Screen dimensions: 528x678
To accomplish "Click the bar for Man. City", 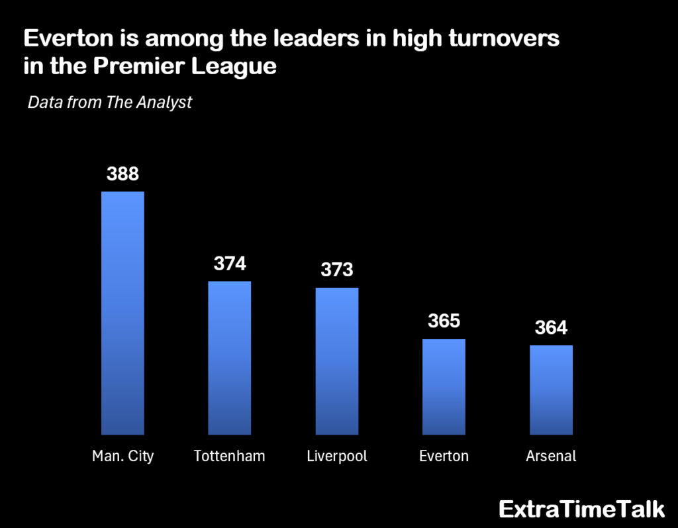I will [x=122, y=313].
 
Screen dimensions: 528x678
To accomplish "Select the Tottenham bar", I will [x=230, y=358].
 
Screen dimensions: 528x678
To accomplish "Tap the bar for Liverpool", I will [x=337, y=361].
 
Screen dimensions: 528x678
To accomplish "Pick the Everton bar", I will [x=444, y=387].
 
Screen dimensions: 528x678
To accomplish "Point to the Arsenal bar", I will [x=551, y=390].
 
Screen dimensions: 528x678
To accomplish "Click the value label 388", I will [x=122, y=174].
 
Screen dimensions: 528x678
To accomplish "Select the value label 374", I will [x=230, y=264].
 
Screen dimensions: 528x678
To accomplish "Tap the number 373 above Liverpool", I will [x=337, y=270].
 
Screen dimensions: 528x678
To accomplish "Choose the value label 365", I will [x=444, y=321].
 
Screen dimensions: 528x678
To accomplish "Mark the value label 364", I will [x=551, y=328].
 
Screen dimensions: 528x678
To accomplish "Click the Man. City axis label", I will [x=122, y=456].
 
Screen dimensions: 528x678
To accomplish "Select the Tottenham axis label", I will [x=230, y=456].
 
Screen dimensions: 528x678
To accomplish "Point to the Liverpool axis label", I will [x=337, y=456].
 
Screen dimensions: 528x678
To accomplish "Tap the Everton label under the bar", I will [x=444, y=456].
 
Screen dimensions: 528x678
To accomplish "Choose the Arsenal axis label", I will [x=551, y=456].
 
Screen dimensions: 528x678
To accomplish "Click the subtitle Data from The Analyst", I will [x=110, y=103].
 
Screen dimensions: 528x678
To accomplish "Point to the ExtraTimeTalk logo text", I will [x=581, y=509].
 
